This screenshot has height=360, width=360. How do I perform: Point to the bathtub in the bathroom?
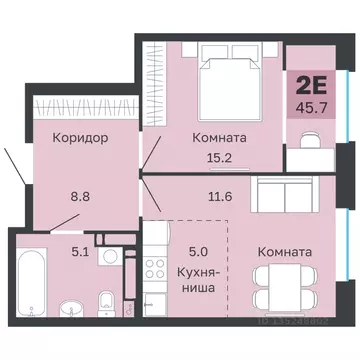[x=31, y=280]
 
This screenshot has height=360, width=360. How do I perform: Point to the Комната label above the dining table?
[x=283, y=252]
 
